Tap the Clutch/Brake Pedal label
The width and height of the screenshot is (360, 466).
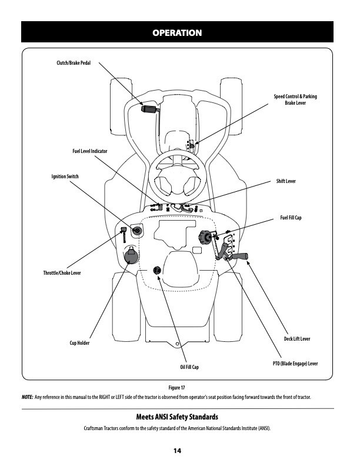coord(73,63)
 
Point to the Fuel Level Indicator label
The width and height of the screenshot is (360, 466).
coord(89,151)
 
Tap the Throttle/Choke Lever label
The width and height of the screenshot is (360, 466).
coord(62,273)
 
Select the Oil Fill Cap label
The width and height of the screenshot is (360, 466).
coord(189,367)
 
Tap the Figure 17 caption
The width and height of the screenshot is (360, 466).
coord(177,388)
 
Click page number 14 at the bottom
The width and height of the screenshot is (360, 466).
coord(176,450)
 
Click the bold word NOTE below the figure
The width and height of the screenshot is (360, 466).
coord(27,397)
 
